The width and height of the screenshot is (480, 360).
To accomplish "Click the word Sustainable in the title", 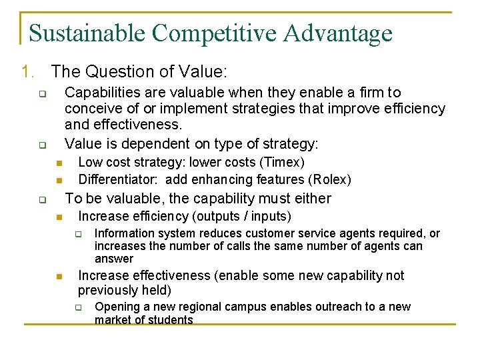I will pyautogui.click(x=90, y=33).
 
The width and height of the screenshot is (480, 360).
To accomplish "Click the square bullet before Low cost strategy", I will pyautogui.click(x=59, y=163).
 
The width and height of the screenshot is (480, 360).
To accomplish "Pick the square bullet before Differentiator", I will pyautogui.click(x=59, y=181).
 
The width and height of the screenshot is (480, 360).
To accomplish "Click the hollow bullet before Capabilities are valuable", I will pyautogui.click(x=41, y=94).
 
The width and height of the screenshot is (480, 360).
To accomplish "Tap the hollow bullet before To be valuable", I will pyautogui.click(x=41, y=199).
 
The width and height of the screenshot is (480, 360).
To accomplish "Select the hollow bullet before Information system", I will pyautogui.click(x=77, y=234).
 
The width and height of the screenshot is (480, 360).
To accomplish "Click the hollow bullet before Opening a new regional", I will pyautogui.click(x=77, y=308).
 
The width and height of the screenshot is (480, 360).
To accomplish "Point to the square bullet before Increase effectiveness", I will pyautogui.click(x=59, y=277).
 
